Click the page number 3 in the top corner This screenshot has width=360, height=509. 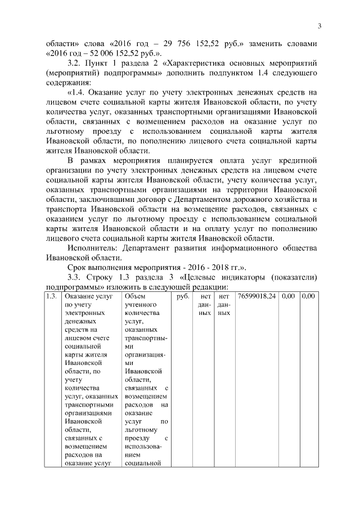click(x=318, y=25)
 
